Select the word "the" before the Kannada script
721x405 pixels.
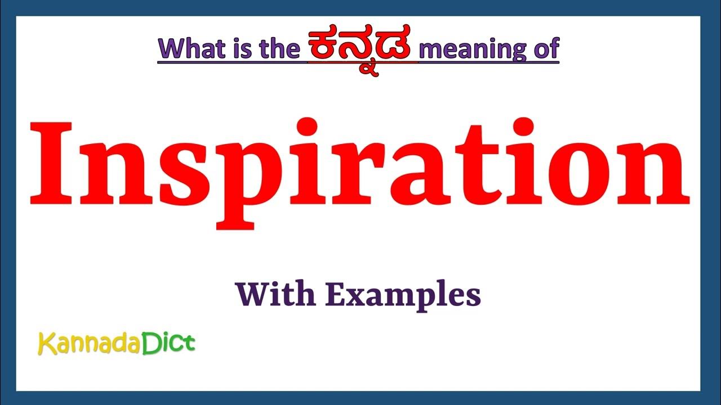(x=280, y=49)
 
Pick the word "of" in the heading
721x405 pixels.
(x=545, y=49)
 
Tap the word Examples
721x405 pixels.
(x=403, y=295)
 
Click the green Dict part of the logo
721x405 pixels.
(x=167, y=343)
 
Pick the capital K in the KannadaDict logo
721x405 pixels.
(x=45, y=344)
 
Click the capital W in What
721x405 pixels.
(x=171, y=49)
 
